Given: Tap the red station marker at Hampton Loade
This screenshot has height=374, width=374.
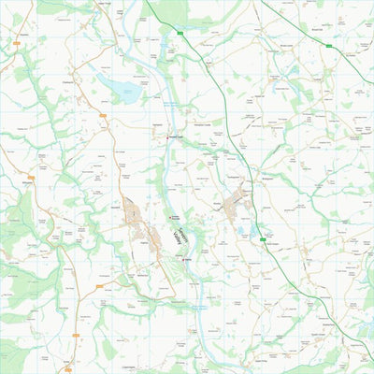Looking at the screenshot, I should click(170, 137).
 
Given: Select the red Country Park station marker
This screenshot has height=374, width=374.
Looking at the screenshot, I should click(169, 216).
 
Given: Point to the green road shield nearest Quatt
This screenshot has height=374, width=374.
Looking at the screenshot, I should click(179, 33).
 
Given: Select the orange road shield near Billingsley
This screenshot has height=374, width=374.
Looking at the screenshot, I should click(31, 177).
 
